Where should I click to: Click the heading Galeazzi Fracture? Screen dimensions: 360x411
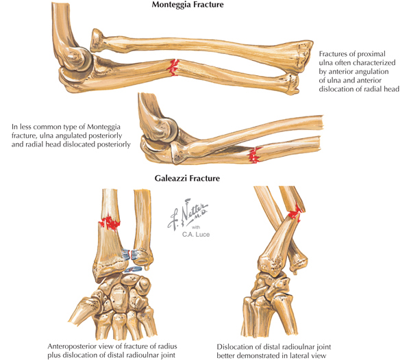pyautogui.click(x=191, y=181)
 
